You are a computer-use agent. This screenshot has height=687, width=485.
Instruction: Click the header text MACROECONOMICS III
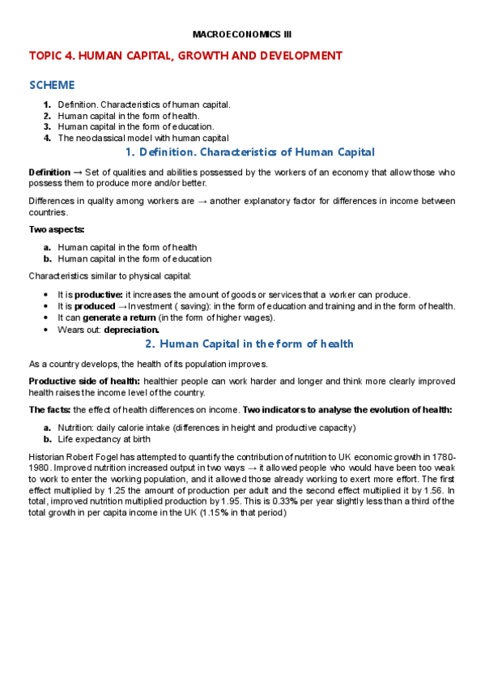[x=242, y=34]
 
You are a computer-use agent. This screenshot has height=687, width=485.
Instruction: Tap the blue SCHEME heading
[x=52, y=85]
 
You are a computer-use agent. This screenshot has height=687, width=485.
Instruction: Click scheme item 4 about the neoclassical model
[x=143, y=138]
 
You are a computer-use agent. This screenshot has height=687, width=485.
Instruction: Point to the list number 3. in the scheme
[x=48, y=126]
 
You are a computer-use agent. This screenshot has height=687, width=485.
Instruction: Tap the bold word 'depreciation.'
[x=132, y=330]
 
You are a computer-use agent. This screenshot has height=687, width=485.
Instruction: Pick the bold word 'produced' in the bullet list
[x=95, y=305]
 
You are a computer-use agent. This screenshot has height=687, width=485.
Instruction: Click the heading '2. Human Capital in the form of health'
[x=249, y=344]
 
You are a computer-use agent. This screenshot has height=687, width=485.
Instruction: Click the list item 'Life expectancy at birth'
[x=104, y=439]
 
